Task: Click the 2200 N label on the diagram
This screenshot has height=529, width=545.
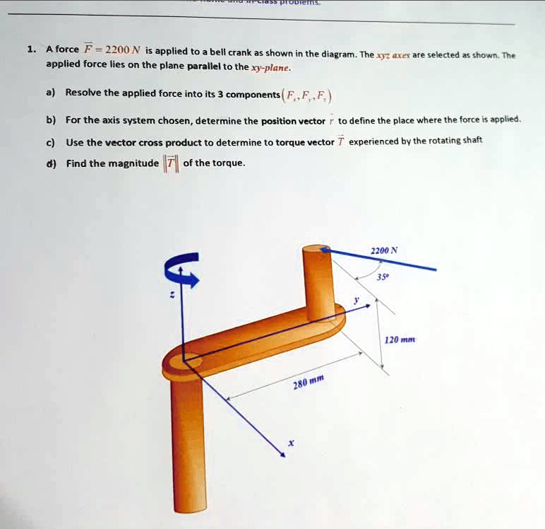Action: (x=384, y=250)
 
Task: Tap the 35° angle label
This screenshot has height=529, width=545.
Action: (x=382, y=278)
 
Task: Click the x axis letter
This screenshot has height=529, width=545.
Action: (x=289, y=444)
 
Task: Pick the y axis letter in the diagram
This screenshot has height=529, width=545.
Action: (x=357, y=300)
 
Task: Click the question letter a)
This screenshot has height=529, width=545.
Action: (x=51, y=93)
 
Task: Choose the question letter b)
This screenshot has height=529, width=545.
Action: (x=51, y=120)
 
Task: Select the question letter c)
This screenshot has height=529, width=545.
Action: (x=51, y=141)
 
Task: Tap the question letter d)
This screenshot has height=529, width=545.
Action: (x=51, y=163)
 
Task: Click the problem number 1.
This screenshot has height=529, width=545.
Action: (x=30, y=50)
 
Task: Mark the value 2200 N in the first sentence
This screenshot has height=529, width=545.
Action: (x=123, y=50)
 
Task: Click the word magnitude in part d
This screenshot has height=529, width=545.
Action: (x=133, y=163)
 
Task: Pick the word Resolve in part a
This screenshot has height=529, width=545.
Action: (x=83, y=93)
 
